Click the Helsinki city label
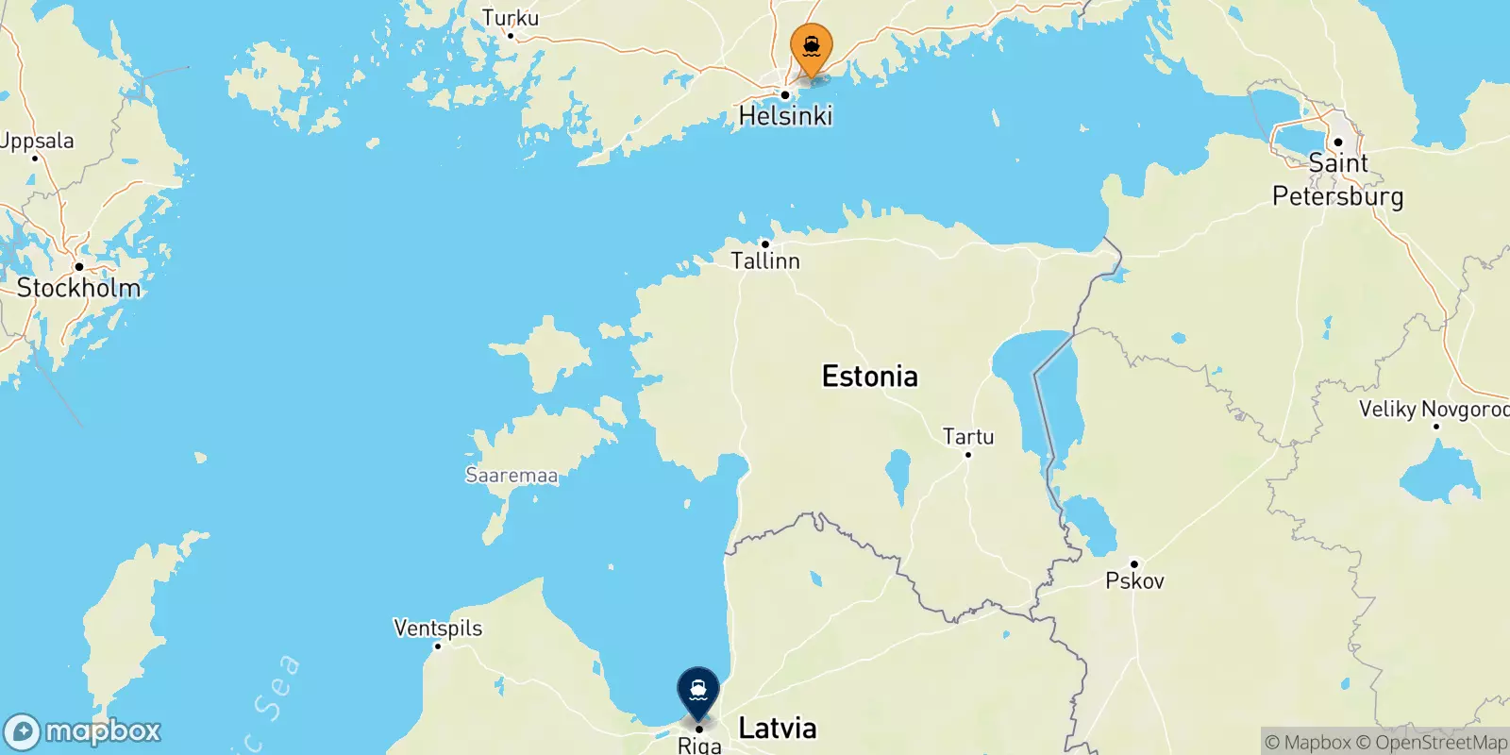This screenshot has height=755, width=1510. pos(785,116)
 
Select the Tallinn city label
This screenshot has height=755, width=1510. pos(765,260)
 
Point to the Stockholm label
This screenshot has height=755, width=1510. pos(78,288)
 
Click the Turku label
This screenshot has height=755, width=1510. pos(511,18)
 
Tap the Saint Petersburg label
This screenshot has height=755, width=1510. pos(1337,179)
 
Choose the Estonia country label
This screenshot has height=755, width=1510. pos(869,377)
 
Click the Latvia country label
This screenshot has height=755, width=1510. pos(777,728)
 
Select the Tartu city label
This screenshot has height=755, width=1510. pos(968,437)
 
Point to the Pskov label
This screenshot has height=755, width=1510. pos(1134,580)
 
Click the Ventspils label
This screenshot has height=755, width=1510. pos(438,628)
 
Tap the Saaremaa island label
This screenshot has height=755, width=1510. pos(512,476)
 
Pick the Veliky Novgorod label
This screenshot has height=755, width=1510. pos(1434,409)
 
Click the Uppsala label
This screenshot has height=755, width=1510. pos(37,141)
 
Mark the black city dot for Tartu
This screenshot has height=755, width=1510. pos(967,455)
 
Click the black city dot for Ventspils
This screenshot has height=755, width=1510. pos(438,646)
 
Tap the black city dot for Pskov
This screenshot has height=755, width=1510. pos(1134,563)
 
